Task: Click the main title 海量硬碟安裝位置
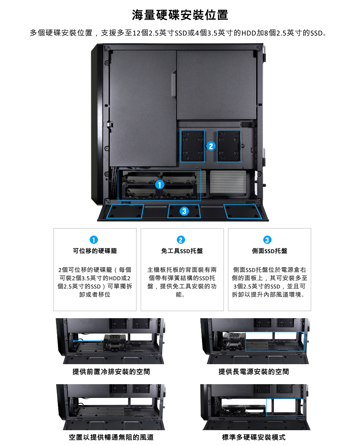point(180,15)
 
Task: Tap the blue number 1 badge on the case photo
point(160,184)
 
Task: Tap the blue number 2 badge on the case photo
point(211,146)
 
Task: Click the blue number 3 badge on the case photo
point(184,211)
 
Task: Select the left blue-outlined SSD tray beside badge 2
point(192,146)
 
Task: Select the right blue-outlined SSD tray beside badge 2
point(229,146)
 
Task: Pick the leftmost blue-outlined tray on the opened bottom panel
point(125,211)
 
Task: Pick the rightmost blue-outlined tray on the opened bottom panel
point(243,211)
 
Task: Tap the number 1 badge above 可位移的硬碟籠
point(94,240)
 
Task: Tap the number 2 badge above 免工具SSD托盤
point(181,240)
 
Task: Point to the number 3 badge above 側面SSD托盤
point(267,240)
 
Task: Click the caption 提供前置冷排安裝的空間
point(111,372)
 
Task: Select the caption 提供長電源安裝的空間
point(253,372)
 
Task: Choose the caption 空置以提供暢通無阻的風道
point(111,437)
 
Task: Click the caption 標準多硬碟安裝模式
point(253,437)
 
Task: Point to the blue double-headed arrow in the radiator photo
point(88,341)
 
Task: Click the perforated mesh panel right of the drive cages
point(228,182)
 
